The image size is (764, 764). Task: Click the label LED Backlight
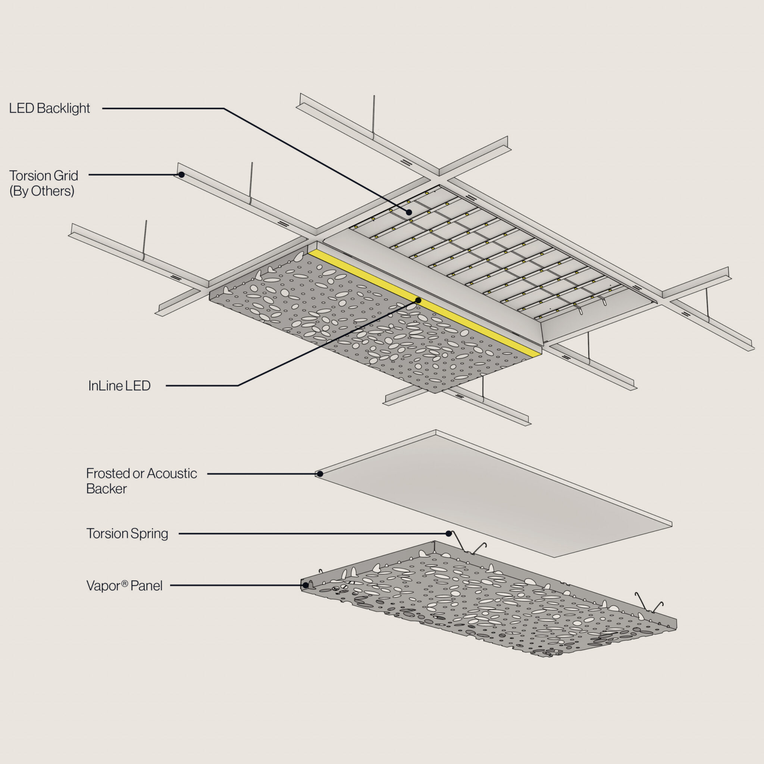[x=50, y=108]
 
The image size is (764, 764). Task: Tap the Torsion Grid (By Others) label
[x=44, y=183]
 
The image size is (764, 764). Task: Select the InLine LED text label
[x=119, y=386]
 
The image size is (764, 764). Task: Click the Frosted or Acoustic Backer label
[x=141, y=481]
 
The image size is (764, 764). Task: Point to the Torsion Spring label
[x=127, y=533]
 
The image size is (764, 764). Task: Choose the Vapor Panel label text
[x=124, y=586]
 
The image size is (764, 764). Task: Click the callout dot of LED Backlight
[x=409, y=212]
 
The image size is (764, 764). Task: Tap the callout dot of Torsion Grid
[x=182, y=174]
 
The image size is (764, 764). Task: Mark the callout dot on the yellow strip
[x=418, y=301]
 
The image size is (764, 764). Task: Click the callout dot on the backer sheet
[x=320, y=474]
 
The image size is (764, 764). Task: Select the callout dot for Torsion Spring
[x=448, y=533]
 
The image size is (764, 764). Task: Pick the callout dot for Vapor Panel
[x=305, y=585]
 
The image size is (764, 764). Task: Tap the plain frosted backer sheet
[x=494, y=494]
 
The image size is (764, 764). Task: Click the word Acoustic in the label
[x=172, y=473]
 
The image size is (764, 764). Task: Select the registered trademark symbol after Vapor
[x=125, y=583]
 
